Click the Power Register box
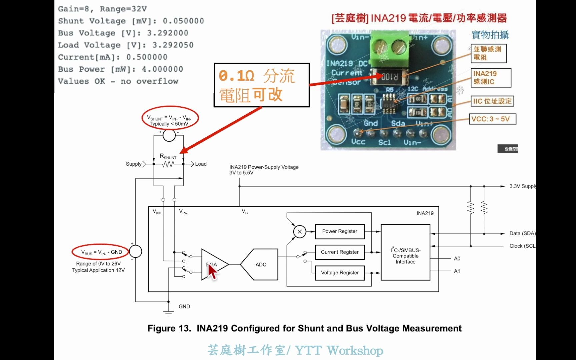point(340,231)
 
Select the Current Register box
point(340,252)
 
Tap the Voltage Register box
point(340,273)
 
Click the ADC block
point(260,264)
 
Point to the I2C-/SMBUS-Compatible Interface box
point(405,256)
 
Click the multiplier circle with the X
point(300,231)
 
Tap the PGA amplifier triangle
point(213,264)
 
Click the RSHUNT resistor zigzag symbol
point(168,164)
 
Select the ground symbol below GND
point(168,313)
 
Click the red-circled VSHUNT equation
point(170,120)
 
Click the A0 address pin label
point(457,259)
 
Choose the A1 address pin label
point(457,271)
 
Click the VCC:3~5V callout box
point(492,119)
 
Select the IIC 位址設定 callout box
point(492,101)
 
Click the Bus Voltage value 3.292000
point(168,33)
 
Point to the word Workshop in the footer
point(355,350)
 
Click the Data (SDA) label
point(522,233)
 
